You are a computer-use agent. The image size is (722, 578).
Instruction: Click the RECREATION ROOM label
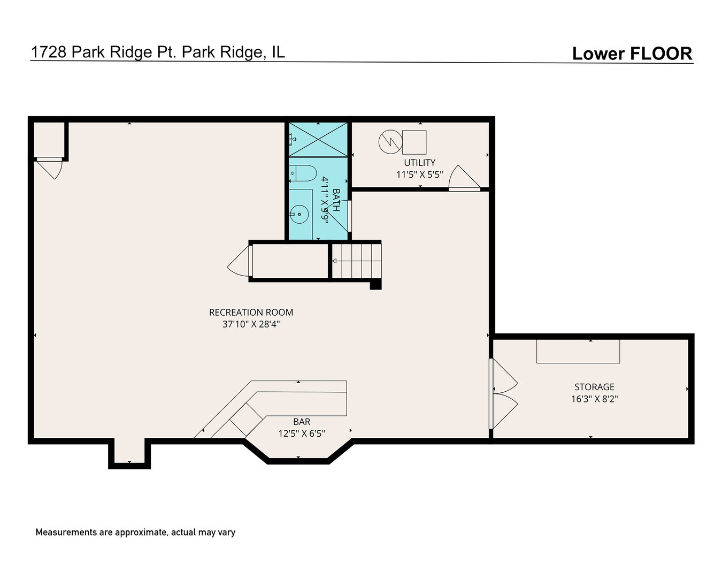[x=251, y=312]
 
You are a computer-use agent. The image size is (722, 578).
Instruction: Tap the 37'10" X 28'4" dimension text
[x=251, y=324]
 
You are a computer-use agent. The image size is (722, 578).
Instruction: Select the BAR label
[x=302, y=422]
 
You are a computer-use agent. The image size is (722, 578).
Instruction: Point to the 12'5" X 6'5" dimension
[x=302, y=433]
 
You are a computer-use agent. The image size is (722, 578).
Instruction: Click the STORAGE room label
[x=594, y=386]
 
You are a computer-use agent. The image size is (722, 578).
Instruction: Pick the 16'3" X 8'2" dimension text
[x=594, y=399]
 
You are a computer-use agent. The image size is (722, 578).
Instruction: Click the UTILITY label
[x=419, y=163]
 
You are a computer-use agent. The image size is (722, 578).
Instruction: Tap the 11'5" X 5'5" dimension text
[x=419, y=174]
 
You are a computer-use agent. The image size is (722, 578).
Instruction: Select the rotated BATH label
[x=336, y=200]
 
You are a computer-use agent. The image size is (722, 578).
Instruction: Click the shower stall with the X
[x=318, y=139]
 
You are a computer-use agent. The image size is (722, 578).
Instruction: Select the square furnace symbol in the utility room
[x=414, y=142]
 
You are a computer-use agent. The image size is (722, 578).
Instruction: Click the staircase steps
[x=356, y=261]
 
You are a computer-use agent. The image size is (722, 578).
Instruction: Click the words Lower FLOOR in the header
[x=632, y=54]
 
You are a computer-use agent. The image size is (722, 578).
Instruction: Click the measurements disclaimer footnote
[x=135, y=532]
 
